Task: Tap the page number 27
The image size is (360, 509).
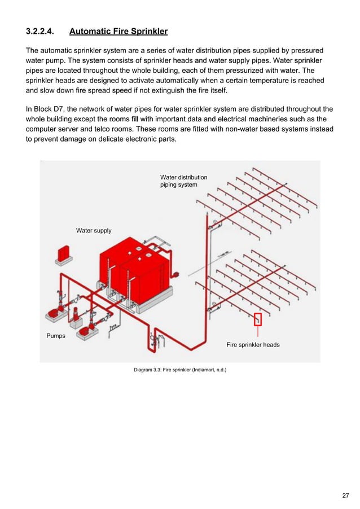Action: (345, 495)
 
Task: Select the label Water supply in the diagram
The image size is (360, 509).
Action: (94, 230)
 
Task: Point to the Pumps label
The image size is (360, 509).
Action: (55, 336)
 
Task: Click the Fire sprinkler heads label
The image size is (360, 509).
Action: (253, 344)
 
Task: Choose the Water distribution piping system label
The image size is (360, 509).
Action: (183, 181)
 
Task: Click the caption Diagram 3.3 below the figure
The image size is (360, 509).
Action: (179, 371)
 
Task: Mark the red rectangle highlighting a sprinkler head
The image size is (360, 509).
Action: (258, 319)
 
